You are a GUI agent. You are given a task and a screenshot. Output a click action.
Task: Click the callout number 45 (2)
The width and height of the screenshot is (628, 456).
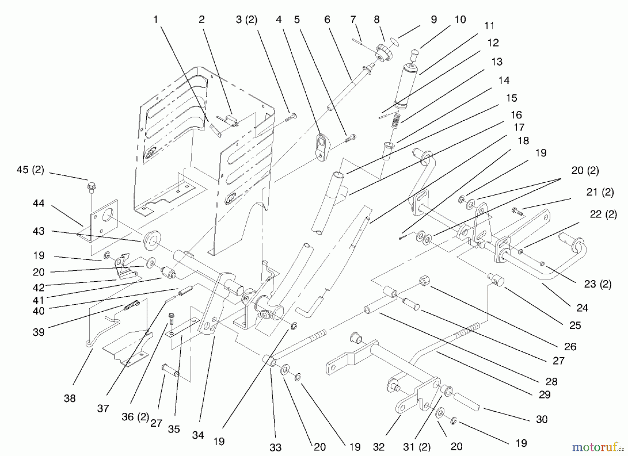[30, 170]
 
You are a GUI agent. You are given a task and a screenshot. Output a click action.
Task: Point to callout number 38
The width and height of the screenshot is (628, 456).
[69, 398]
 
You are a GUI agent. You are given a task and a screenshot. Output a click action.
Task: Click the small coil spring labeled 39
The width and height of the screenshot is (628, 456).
[132, 305]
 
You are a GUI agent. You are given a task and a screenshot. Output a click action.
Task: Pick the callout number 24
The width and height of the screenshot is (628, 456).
[582, 307]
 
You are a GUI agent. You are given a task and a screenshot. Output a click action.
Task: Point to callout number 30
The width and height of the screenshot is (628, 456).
[541, 419]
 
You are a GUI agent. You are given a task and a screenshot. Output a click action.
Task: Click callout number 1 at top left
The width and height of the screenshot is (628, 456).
[156, 20]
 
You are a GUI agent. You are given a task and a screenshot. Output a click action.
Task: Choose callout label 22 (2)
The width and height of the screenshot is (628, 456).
[603, 214]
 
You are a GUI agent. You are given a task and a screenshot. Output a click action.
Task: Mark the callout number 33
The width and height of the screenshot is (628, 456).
[275, 447]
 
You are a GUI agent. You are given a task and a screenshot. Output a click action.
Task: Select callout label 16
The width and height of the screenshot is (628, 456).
[516, 115]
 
